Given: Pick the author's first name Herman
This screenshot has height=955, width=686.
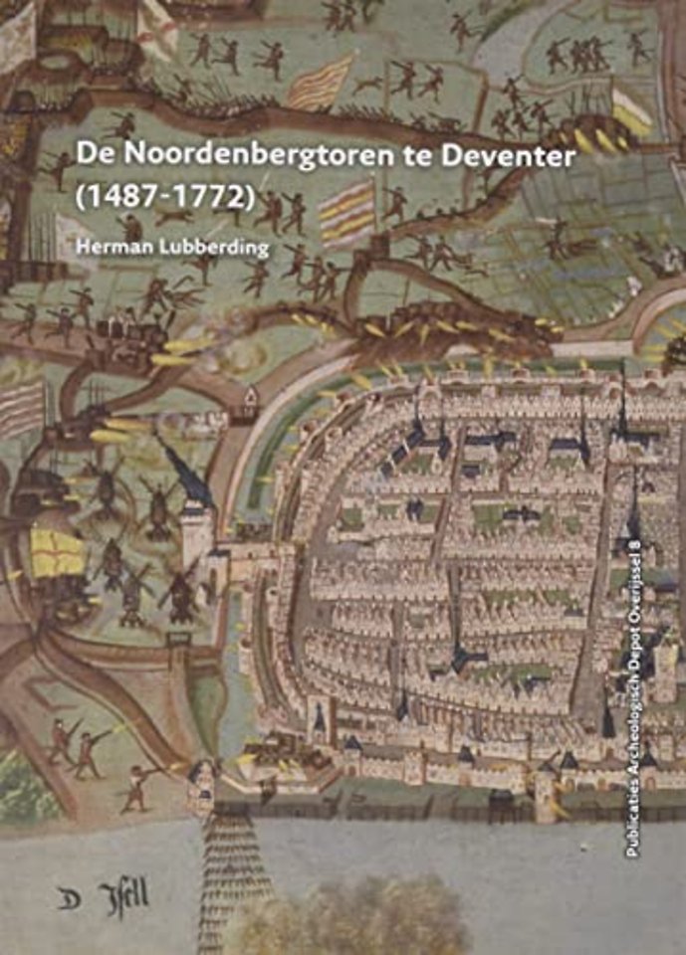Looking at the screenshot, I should coord(116,247).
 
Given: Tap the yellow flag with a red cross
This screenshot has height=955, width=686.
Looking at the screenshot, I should coord(57,552).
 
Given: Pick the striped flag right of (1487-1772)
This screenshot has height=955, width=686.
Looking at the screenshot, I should coord(347,211).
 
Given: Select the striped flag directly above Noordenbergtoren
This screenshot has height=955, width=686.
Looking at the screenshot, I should coord(321,82).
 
